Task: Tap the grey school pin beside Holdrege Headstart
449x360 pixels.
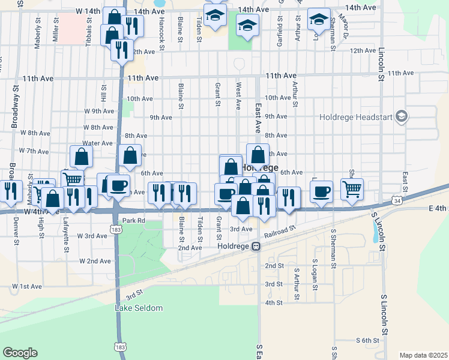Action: point(402,116)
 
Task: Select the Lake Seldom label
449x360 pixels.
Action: point(139,308)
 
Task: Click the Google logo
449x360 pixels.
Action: point(20,353)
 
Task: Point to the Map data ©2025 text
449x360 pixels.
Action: point(423,355)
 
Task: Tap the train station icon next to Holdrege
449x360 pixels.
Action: point(256,246)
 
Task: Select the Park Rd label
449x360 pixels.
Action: point(134,221)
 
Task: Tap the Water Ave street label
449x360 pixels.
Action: point(97,143)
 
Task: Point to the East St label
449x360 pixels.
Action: point(405,178)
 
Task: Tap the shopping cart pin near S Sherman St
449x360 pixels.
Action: point(352,188)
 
